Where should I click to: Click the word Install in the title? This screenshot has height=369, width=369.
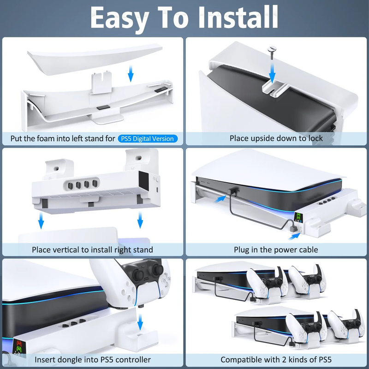tap(233, 18)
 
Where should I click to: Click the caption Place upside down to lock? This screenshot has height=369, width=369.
tap(276, 138)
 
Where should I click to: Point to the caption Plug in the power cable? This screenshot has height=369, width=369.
tap(276, 250)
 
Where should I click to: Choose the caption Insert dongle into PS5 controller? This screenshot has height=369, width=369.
tap(92, 359)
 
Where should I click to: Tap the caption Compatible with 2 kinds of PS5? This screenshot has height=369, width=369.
tap(276, 359)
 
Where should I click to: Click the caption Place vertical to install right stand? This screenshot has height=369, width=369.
tap(92, 250)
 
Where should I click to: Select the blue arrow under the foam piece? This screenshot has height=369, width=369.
tap(131, 72)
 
